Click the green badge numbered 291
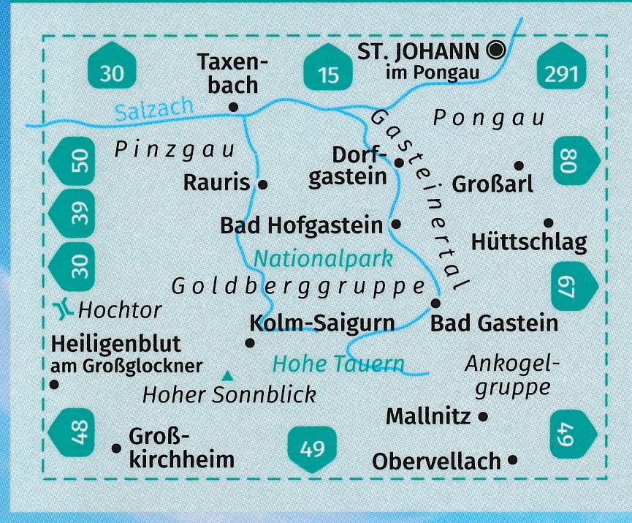[x=561, y=72]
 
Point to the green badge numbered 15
[x=329, y=72]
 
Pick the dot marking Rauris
[x=263, y=184]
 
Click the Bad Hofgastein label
[x=301, y=225]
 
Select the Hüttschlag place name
[x=529, y=241]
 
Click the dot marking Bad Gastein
[x=435, y=302]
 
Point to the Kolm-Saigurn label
[x=322, y=323]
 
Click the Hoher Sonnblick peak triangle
[x=229, y=376]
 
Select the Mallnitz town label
[x=428, y=416]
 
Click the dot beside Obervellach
[x=512, y=460]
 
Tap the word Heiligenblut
[x=116, y=344]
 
